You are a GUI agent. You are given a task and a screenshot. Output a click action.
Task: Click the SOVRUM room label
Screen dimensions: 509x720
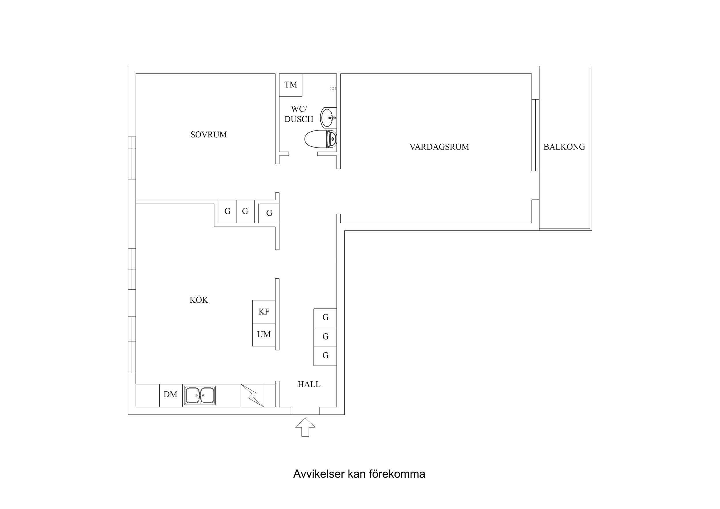pyautogui.click(x=209, y=135)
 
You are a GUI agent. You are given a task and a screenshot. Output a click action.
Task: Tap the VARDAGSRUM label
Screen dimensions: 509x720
pyautogui.click(x=439, y=147)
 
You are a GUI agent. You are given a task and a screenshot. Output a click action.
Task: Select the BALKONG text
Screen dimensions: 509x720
pyautogui.click(x=564, y=147)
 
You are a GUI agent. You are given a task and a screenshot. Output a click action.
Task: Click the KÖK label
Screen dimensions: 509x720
pyautogui.click(x=199, y=300)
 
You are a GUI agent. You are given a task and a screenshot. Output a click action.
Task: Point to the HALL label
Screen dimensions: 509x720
pyautogui.click(x=309, y=385)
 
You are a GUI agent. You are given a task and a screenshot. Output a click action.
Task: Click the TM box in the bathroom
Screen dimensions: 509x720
pyautogui.click(x=290, y=85)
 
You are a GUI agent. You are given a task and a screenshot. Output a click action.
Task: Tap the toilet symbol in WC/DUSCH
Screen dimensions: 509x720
pyautogui.click(x=320, y=139)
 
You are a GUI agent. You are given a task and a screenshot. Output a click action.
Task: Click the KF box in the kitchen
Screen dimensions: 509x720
pyautogui.click(x=264, y=312)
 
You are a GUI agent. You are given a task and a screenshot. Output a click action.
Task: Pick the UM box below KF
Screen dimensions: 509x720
pyautogui.click(x=264, y=335)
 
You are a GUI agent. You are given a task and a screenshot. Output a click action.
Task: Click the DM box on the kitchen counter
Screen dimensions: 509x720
pyautogui.click(x=171, y=395)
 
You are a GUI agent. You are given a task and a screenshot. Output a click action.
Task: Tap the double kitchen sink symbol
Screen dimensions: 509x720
pyautogui.click(x=200, y=396)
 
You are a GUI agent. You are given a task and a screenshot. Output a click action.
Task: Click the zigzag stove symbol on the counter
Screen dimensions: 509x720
pyautogui.click(x=252, y=396)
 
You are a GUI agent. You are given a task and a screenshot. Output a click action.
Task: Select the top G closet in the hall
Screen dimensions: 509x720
pyautogui.click(x=325, y=318)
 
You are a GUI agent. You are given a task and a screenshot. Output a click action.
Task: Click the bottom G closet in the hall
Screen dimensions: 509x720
pyautogui.click(x=325, y=356)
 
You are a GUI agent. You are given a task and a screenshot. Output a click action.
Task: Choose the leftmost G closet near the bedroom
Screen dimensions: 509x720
pyautogui.click(x=227, y=211)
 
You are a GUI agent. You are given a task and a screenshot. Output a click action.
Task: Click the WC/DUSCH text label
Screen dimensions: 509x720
pyautogui.click(x=298, y=114)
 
